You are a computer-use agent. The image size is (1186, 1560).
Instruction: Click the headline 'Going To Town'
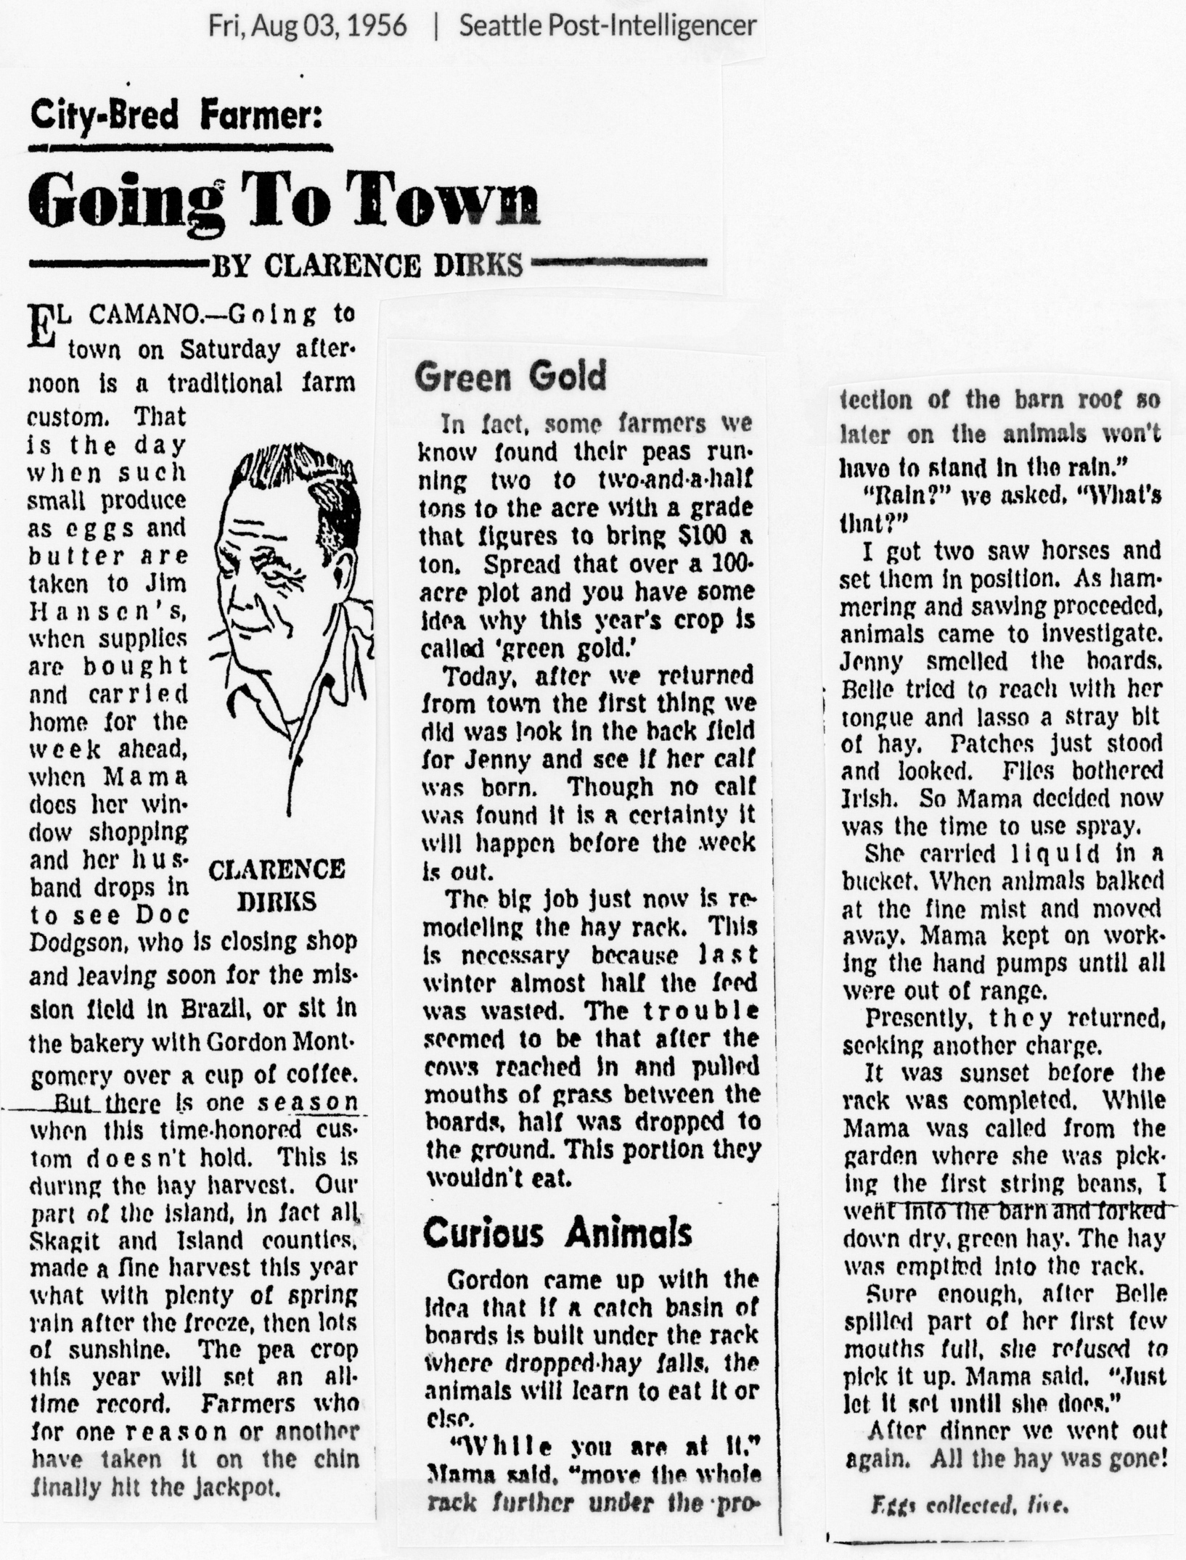click(285, 200)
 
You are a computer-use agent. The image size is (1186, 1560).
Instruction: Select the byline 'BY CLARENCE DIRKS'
click(366, 266)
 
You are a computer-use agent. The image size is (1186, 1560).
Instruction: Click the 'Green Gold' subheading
click(510, 377)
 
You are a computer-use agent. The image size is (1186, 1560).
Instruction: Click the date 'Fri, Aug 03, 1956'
click(307, 26)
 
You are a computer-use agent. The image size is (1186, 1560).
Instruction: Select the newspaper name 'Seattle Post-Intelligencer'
click(608, 26)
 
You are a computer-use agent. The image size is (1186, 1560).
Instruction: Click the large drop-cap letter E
click(42, 329)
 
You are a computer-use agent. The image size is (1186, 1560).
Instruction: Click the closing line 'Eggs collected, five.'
click(969, 1506)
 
